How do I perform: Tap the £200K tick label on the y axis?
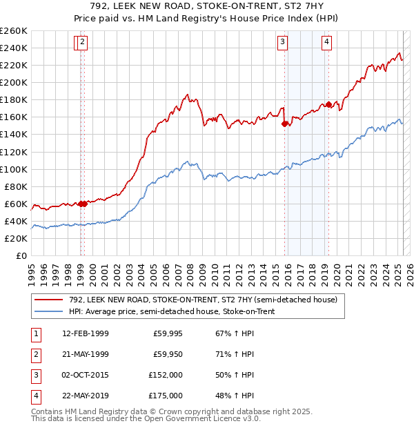[14, 82]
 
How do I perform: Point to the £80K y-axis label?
[16, 186]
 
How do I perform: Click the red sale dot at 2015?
[284, 124]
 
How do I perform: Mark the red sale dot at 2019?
[329, 104]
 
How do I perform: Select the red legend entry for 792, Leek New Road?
[203, 300]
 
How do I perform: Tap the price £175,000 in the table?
[165, 396]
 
